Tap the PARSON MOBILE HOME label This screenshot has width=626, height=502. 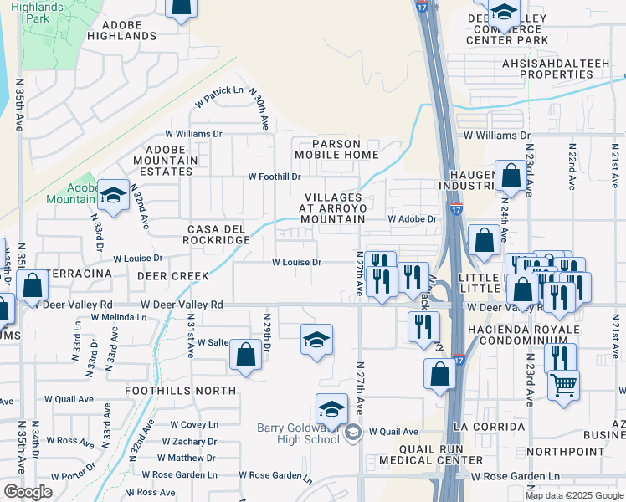(336, 149)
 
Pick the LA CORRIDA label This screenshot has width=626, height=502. (481, 426)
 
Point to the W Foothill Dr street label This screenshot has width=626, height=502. (274, 177)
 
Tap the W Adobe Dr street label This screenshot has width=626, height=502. (412, 219)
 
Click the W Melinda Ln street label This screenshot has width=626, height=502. (119, 318)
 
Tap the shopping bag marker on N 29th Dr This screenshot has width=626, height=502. (245, 355)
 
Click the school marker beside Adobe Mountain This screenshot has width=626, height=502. (112, 196)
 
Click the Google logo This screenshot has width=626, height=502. (28, 492)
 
